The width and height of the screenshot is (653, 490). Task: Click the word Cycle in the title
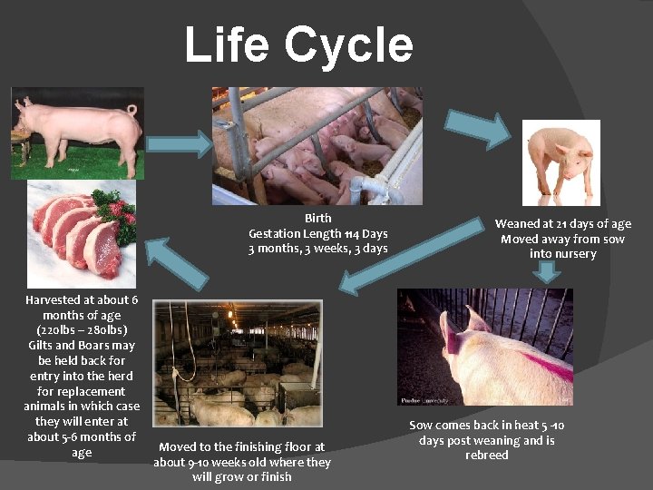(348, 45)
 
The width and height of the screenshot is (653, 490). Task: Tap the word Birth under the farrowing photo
(318, 218)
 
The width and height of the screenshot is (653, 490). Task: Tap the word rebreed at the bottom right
(487, 455)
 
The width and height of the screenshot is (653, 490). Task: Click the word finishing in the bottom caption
(258, 446)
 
